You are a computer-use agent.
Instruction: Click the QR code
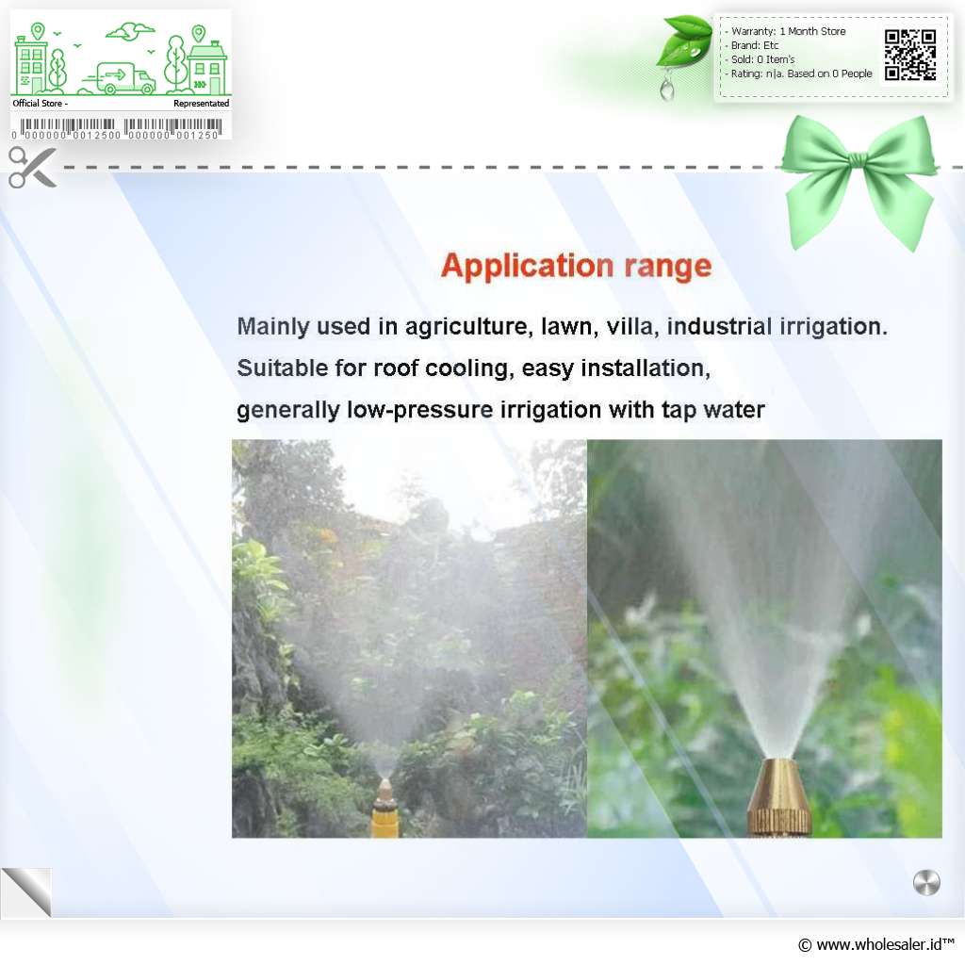pos(910,55)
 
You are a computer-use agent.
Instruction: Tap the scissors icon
pos(33,167)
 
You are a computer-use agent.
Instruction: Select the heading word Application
pos(528,267)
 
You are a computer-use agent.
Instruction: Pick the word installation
pos(646,368)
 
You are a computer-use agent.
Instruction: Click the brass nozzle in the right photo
pos(778,797)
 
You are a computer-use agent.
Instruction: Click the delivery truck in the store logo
pos(119,78)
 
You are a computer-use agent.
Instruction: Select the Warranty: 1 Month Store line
pos(788,31)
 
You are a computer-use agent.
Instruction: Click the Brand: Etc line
pos(755,45)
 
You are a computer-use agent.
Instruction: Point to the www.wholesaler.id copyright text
pos(876,944)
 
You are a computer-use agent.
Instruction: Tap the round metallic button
pos(926,882)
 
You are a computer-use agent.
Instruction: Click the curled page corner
pos(26,892)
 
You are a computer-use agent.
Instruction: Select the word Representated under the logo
pos(202,104)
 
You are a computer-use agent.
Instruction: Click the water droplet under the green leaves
pos(666,89)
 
